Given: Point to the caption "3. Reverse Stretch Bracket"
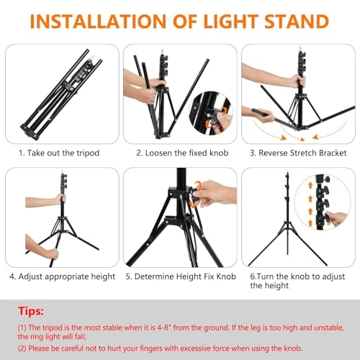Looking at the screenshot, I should point(299,153).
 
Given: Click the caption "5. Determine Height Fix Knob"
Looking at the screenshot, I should point(180,275).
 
